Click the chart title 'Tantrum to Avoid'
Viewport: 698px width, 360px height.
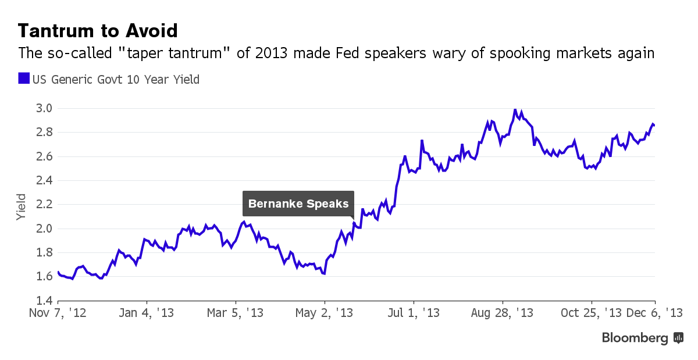coord(98,30)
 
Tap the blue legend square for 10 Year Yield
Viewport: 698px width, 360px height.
coord(23,79)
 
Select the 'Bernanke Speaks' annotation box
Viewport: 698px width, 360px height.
coord(298,204)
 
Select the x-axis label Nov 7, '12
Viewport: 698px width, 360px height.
coord(58,313)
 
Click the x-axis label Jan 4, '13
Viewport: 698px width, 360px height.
coord(146,313)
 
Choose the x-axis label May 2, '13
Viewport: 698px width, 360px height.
coord(324,313)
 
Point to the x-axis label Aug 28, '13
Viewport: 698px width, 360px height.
coord(502,313)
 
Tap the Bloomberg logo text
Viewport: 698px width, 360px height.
coord(635,338)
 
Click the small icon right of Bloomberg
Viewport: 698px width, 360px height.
coord(678,337)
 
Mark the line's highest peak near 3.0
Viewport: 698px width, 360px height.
coord(515,109)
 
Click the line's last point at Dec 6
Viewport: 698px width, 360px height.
coord(654,125)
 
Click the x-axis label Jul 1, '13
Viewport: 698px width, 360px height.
coord(413,313)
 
